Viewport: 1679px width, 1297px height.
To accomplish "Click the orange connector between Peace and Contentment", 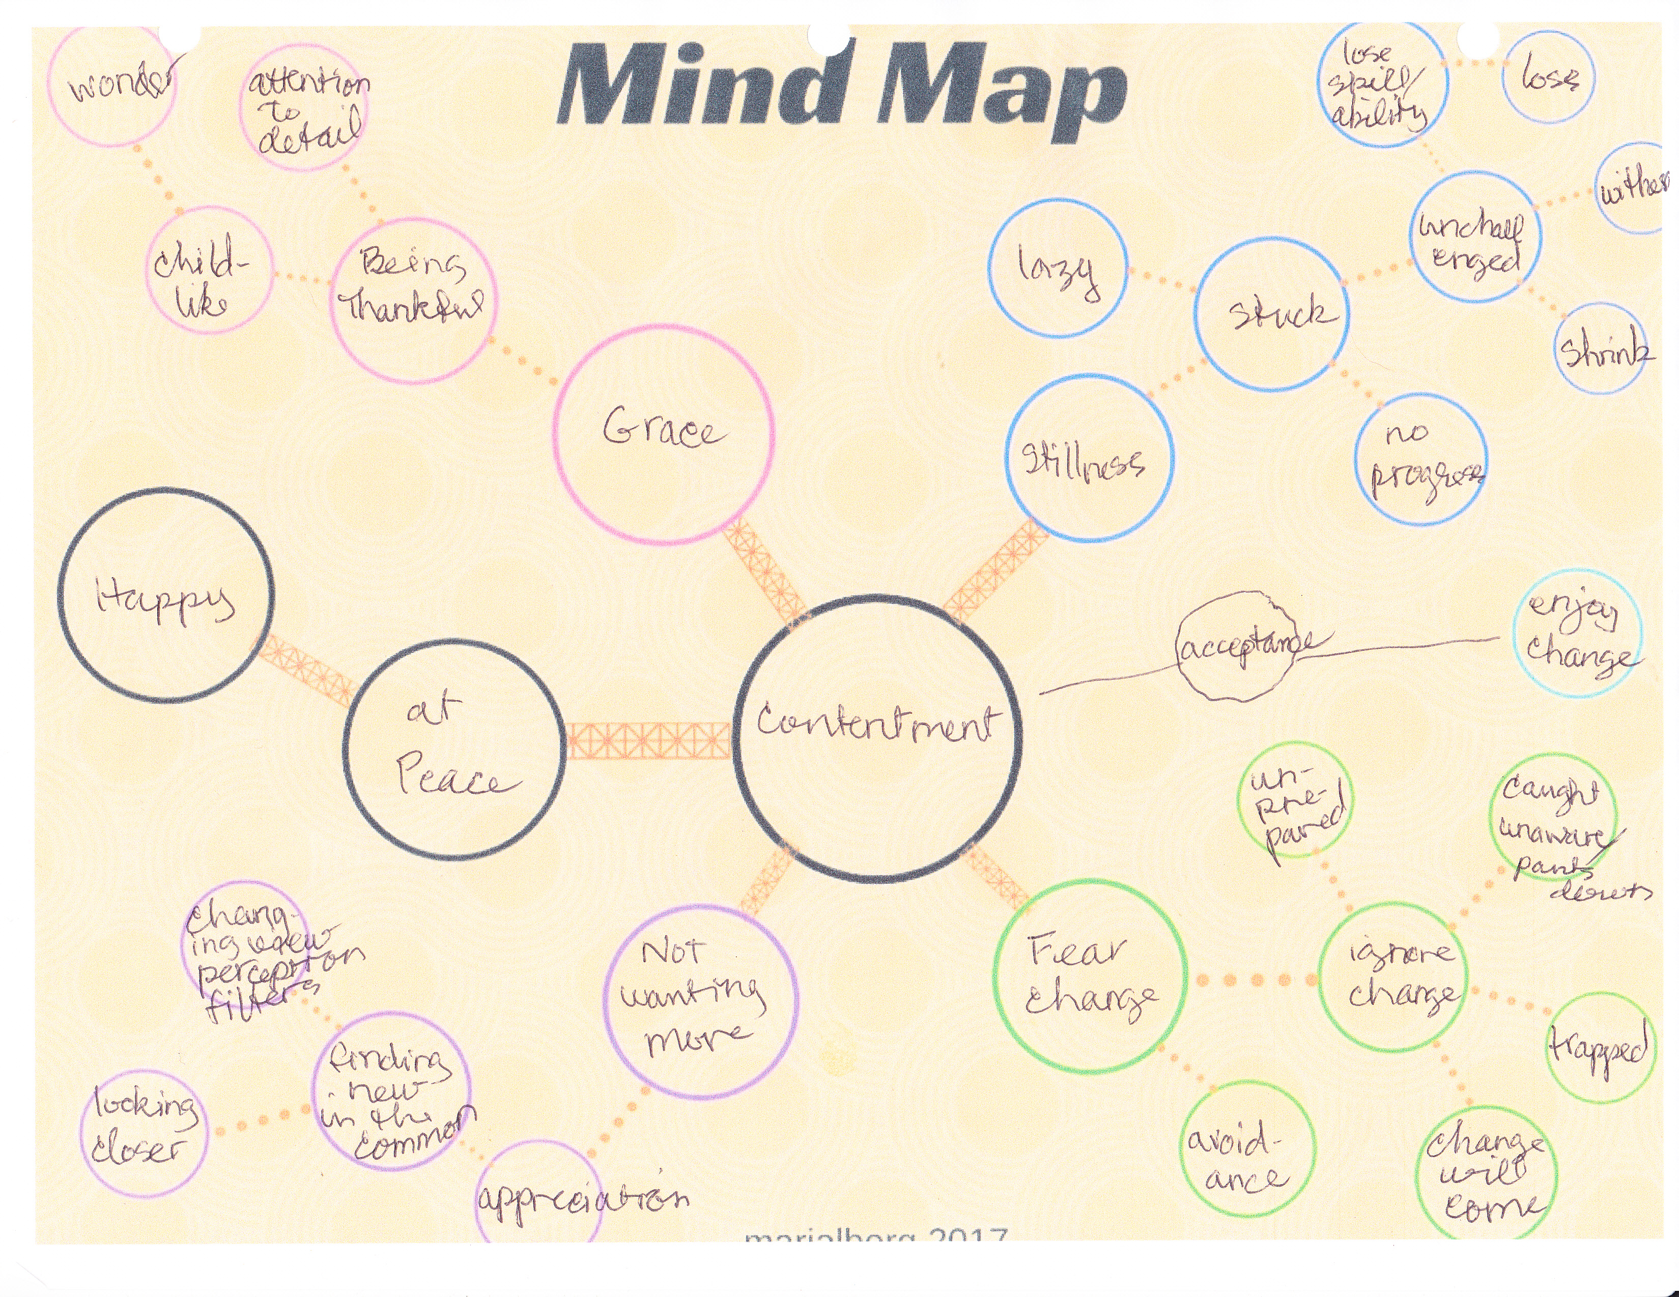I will [x=648, y=740].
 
